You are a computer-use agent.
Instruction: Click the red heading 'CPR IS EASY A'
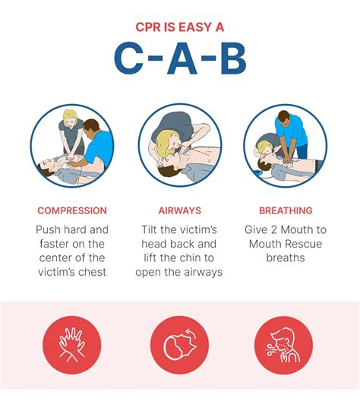tap(180, 28)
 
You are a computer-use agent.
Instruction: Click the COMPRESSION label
tap(72, 210)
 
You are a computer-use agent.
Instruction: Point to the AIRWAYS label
tap(179, 210)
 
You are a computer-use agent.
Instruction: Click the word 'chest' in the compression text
tap(91, 272)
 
